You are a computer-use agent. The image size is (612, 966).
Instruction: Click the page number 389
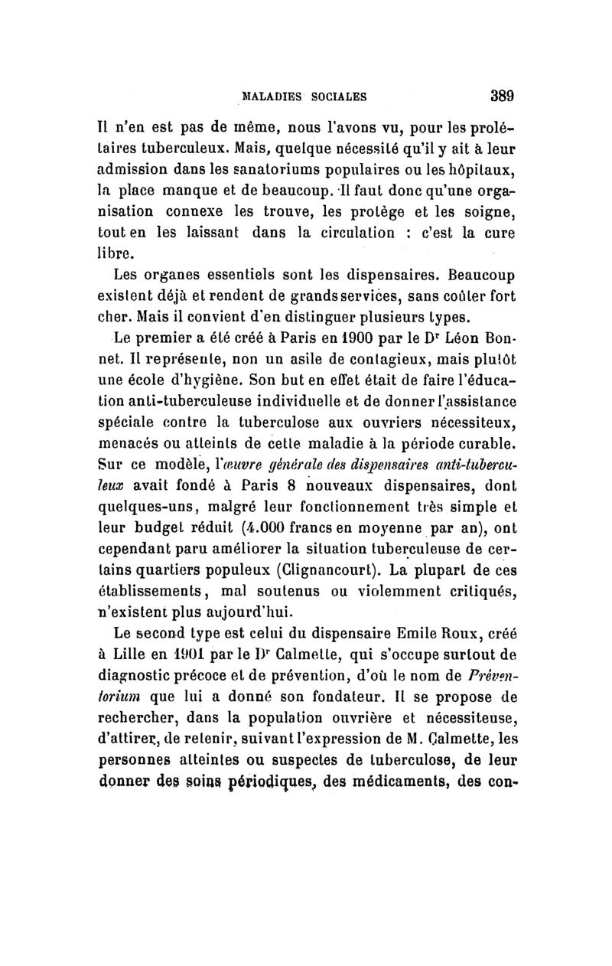click(x=500, y=96)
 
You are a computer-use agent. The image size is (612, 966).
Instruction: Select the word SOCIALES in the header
click(x=337, y=97)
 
